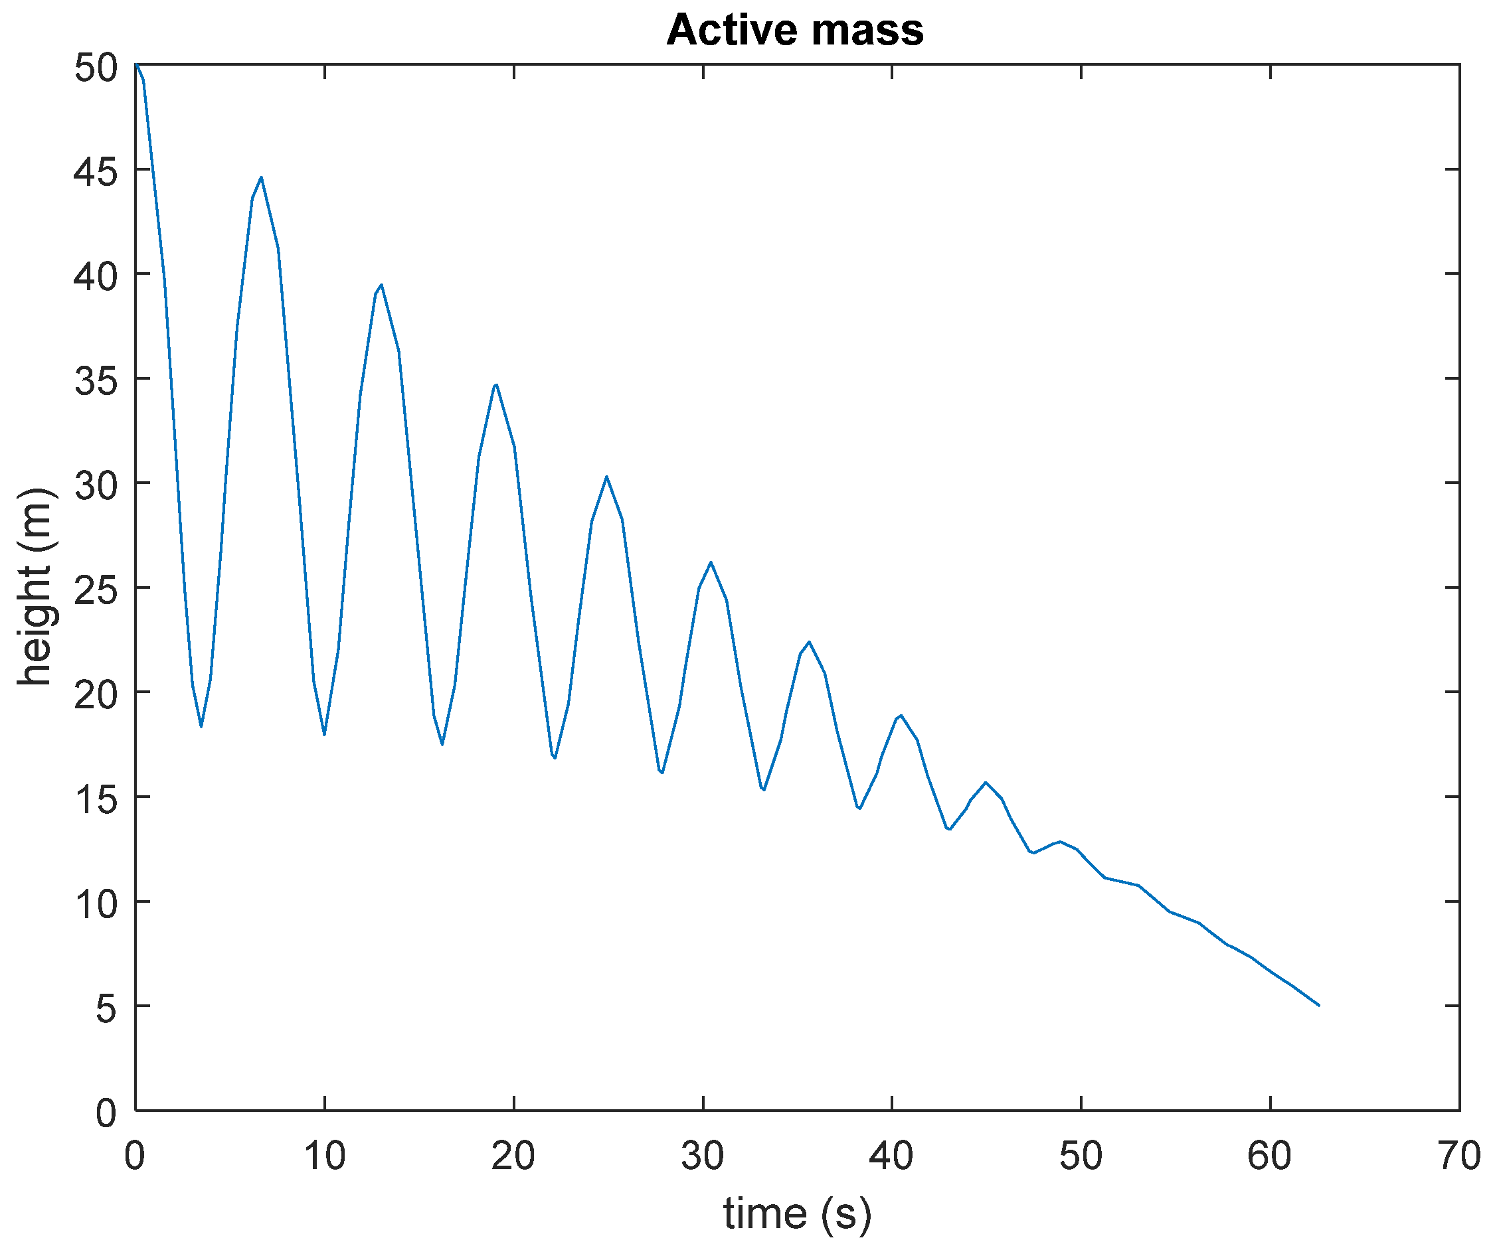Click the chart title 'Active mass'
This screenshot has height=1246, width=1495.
pyautogui.click(x=794, y=30)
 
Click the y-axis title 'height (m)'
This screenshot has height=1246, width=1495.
pyautogui.click(x=34, y=586)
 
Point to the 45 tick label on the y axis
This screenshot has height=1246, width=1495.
pyautogui.click(x=96, y=171)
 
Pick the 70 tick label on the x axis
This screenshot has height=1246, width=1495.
pyautogui.click(x=1458, y=1156)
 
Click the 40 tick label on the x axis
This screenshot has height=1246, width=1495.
pyautogui.click(x=891, y=1156)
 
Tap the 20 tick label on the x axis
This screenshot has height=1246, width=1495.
pyautogui.click(x=513, y=1156)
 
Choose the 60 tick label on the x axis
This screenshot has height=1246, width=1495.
pyautogui.click(x=1269, y=1156)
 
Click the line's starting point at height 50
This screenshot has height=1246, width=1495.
pyautogui.click(x=136, y=66)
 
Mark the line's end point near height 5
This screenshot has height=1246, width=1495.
pyautogui.click(x=1318, y=1005)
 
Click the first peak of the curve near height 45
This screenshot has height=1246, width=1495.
pyautogui.click(x=261, y=177)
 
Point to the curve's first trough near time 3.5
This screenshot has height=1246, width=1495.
pyautogui.click(x=201, y=726)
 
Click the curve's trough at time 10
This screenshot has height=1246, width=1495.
pyautogui.click(x=324, y=734)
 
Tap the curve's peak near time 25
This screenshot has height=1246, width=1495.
pyautogui.click(x=606, y=476)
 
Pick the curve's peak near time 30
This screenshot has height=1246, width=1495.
pyautogui.click(x=711, y=562)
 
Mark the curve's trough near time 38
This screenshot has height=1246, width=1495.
pyautogui.click(x=860, y=809)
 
